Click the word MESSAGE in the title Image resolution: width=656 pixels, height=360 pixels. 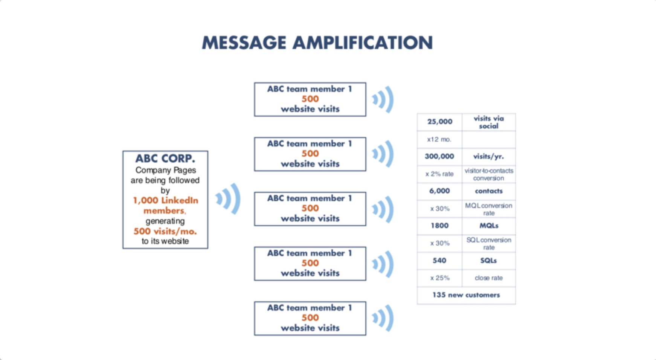pos(244,43)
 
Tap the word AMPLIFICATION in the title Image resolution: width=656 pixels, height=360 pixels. pos(363,43)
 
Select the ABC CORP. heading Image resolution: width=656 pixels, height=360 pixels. pos(165,159)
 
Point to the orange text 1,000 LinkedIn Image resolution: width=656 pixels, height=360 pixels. pos(166,200)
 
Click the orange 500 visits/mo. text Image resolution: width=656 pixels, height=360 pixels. pos(165,231)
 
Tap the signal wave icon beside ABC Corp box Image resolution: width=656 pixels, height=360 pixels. pos(228,199)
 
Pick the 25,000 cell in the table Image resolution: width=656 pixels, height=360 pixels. pos(439,122)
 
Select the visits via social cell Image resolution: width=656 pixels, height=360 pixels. pos(489,122)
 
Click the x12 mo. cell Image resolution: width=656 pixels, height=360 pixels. pos(439,139)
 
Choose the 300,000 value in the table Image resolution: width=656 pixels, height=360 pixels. pos(439,156)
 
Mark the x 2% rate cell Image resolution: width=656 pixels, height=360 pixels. pos(439,174)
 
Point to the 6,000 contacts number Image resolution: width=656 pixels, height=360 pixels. pos(439,191)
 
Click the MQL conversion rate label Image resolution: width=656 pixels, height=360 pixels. pos(489,209)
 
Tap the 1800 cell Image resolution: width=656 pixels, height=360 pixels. pos(439,226)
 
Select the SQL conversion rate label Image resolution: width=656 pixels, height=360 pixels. pos(489,244)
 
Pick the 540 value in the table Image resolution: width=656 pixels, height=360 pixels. pos(439,261)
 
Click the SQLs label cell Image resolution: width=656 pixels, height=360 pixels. pos(489,261)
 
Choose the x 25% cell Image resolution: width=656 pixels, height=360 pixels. pos(439,278)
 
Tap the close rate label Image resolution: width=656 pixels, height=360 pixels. pos(489,278)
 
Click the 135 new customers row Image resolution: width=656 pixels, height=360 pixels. pos(466,295)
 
